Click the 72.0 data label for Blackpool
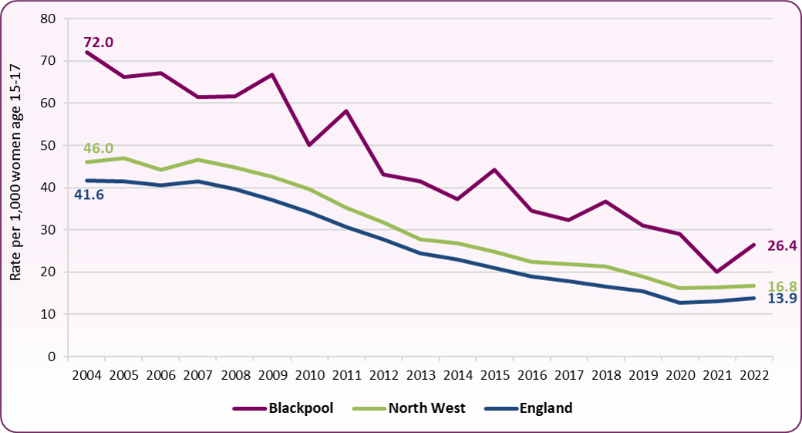click(x=98, y=42)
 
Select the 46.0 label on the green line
click(x=98, y=147)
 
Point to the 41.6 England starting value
click(x=89, y=195)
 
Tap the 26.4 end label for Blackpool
click(x=780, y=246)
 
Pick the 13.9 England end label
click(x=782, y=299)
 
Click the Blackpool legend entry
click(x=301, y=408)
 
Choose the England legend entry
click(x=546, y=408)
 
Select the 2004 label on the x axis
click(x=86, y=376)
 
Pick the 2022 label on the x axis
click(x=753, y=376)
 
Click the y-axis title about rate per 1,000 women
click(x=16, y=187)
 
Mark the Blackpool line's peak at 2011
click(x=346, y=110)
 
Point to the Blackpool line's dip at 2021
click(x=716, y=272)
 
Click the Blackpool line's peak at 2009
click(x=272, y=74)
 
